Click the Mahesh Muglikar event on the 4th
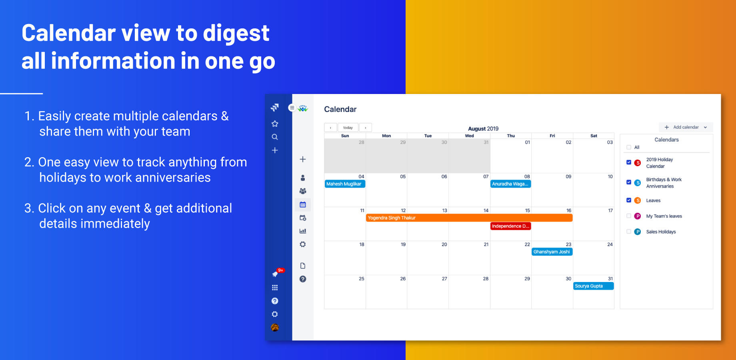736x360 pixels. point(345,184)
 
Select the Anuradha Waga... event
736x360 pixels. point(510,184)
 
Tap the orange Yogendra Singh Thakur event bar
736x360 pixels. point(469,218)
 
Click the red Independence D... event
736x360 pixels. point(510,226)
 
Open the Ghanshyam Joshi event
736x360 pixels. point(552,252)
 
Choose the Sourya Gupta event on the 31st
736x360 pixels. point(593,286)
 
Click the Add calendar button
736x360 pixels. point(686,127)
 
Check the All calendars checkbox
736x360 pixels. point(629,147)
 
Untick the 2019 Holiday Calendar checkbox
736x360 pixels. point(629,162)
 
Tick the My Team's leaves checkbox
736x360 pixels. point(629,216)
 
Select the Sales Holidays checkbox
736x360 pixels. point(629,232)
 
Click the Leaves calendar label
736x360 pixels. point(653,200)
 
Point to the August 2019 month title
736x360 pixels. point(483,129)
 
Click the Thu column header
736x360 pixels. point(511,136)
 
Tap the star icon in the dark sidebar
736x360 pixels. point(275,124)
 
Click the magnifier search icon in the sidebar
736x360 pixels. point(275,137)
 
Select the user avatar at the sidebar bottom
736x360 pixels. point(275,327)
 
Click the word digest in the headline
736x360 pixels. point(236,34)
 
